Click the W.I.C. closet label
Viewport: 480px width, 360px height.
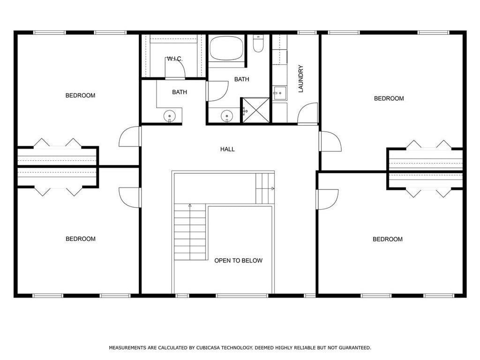pos(175,59)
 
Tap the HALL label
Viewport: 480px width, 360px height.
pos(227,149)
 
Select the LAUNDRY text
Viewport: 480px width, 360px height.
pos(300,78)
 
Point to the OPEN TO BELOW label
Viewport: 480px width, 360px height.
pos(238,261)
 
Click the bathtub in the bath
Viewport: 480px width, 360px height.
pos(226,48)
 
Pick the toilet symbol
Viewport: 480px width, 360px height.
pos(258,44)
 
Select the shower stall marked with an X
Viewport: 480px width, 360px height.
pos(256,110)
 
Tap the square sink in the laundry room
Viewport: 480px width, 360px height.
pos(280,93)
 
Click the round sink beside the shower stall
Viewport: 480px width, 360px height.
pos(227,116)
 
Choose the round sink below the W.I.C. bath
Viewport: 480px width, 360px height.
pos(170,116)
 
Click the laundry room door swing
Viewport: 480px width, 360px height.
pos(308,113)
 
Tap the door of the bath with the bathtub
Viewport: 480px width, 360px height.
pos(217,91)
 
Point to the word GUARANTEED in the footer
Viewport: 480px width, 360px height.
pos(355,348)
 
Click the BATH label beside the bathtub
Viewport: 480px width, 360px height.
pos(241,79)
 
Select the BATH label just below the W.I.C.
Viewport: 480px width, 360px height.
pos(180,92)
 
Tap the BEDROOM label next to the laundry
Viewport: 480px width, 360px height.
pos(389,98)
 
